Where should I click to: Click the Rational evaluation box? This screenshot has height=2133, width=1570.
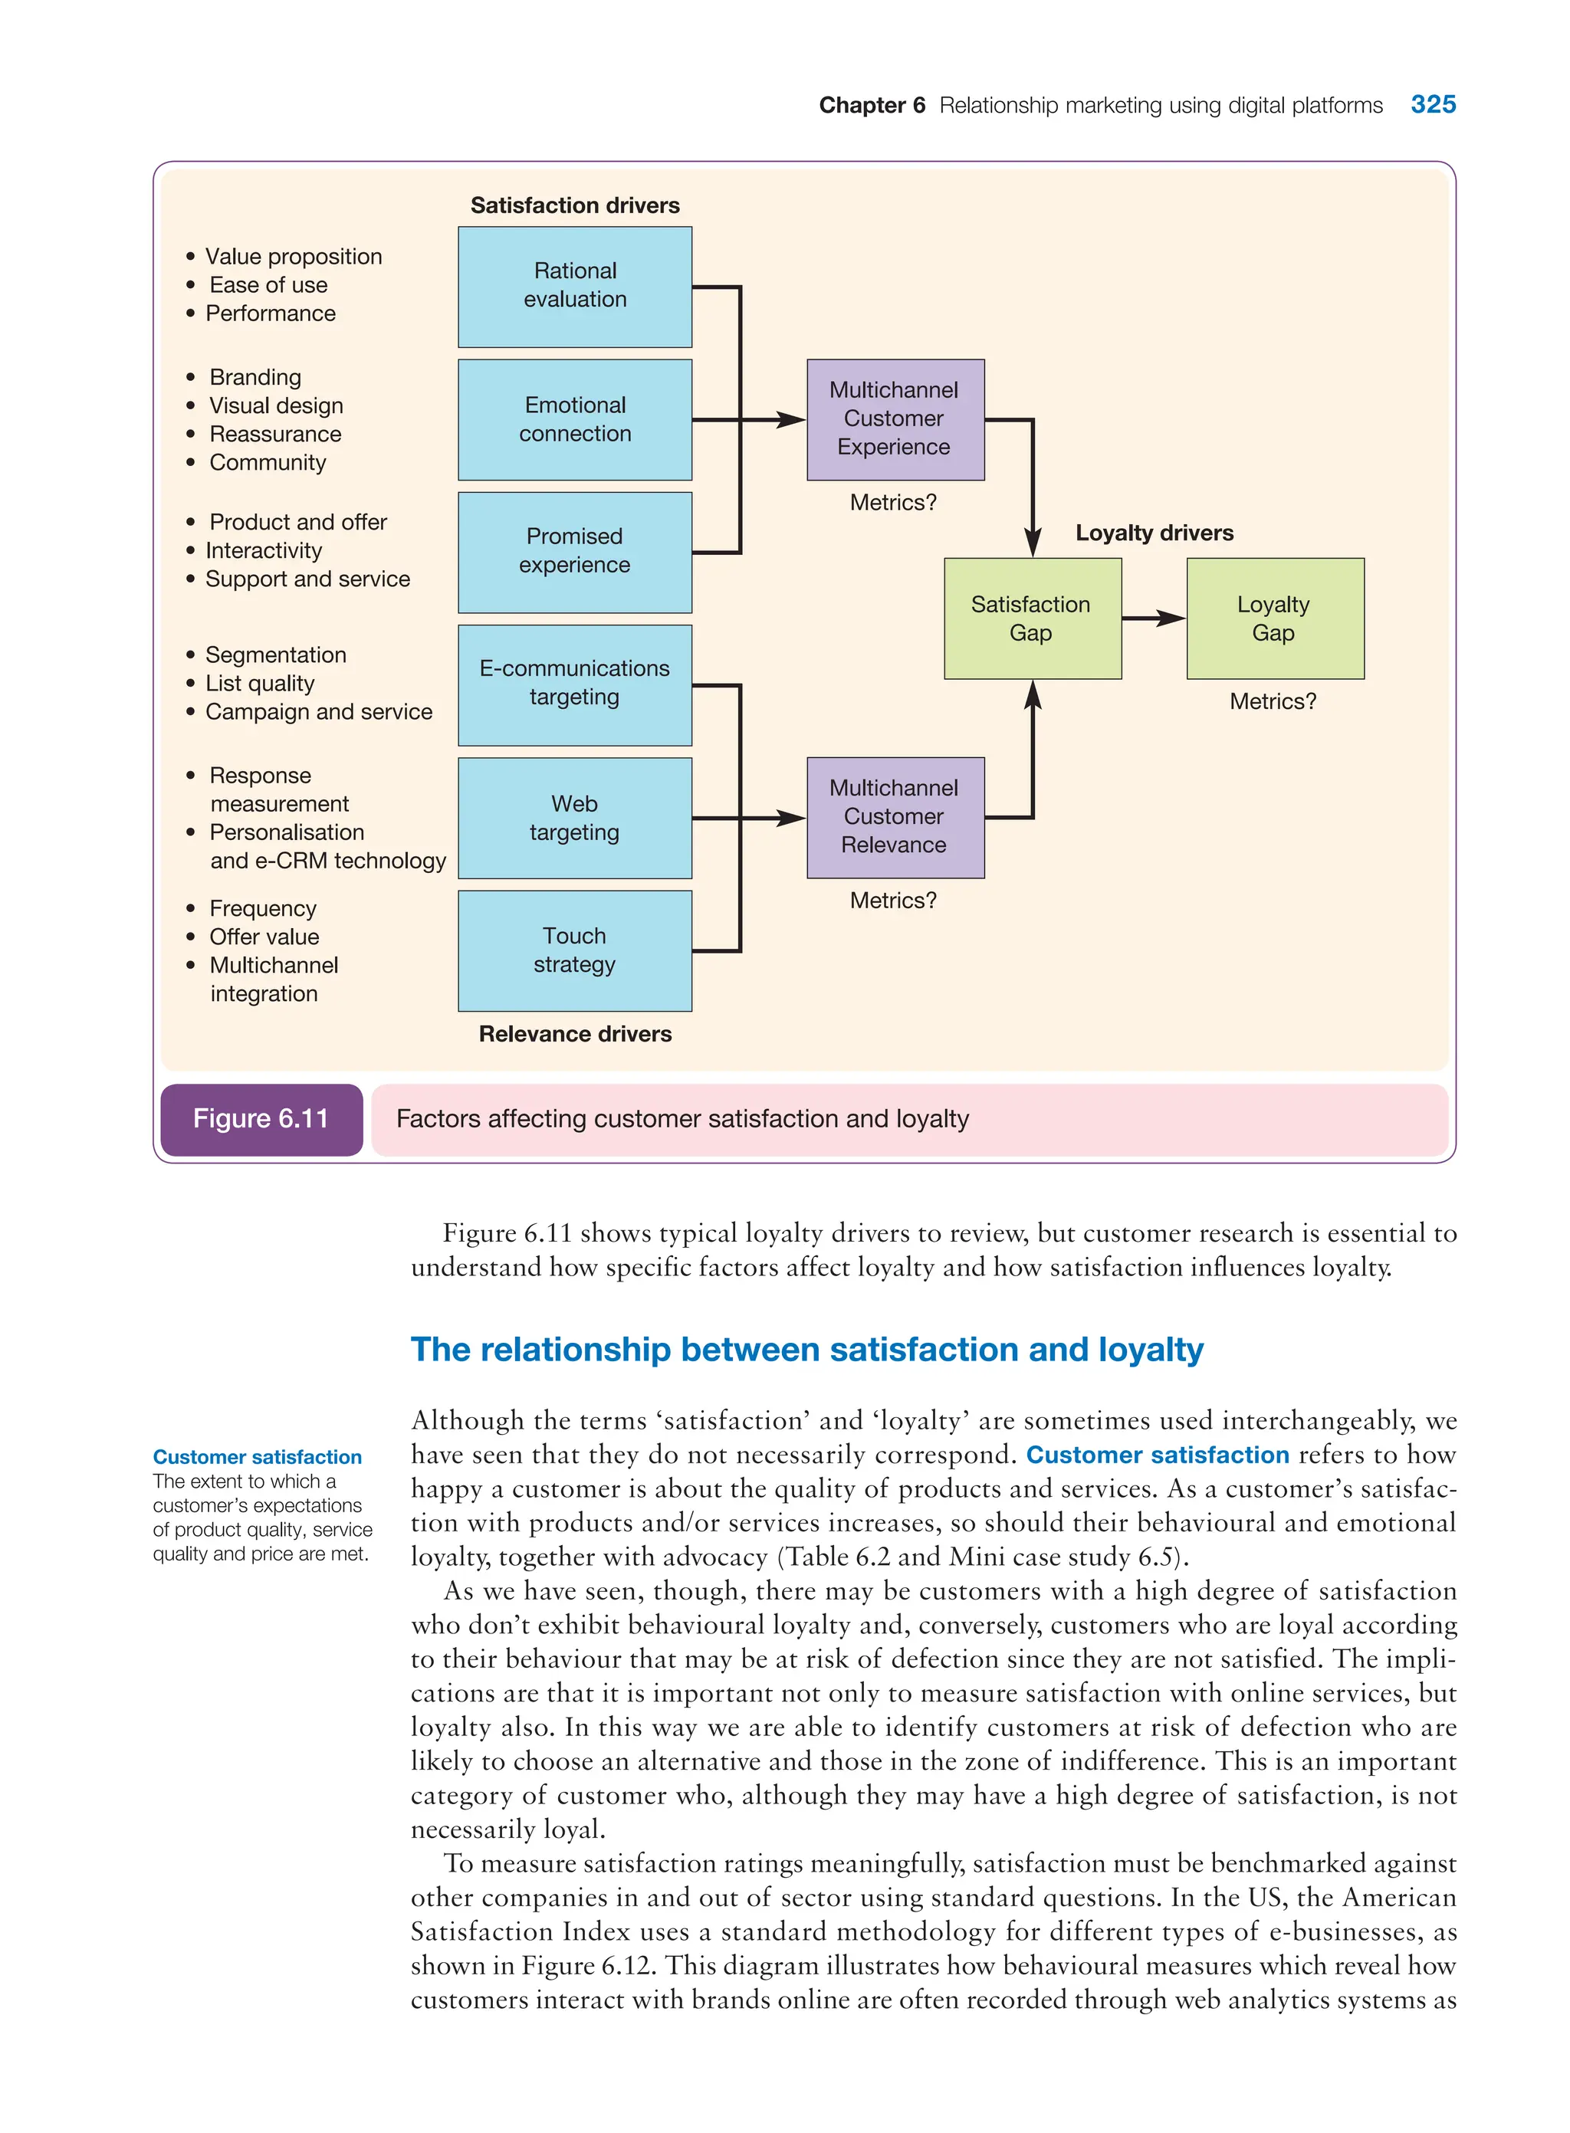point(574,286)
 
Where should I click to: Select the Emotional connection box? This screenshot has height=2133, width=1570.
point(574,419)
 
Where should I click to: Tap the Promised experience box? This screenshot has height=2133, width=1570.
point(574,551)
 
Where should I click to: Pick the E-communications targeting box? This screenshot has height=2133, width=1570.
point(574,684)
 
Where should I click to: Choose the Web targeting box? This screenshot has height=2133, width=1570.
point(574,817)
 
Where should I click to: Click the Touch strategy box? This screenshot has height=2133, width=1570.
point(574,950)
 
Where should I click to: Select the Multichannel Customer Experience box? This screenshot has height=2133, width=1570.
point(895,419)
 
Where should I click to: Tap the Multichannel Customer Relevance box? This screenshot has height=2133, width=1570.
point(895,817)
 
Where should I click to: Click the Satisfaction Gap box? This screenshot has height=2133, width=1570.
point(1032,619)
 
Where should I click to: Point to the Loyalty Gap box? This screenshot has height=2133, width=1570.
point(1274,619)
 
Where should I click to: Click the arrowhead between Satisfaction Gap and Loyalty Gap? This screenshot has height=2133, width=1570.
point(1172,619)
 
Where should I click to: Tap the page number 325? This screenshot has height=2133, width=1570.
point(1432,104)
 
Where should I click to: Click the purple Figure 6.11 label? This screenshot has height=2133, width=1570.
point(261,1118)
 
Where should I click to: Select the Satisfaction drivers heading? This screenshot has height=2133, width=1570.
point(575,205)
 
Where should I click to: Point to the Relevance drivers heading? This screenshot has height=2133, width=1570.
point(575,1034)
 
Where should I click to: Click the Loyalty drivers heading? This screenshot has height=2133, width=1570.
point(1154,533)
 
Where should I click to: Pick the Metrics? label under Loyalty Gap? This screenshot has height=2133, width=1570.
point(1273,701)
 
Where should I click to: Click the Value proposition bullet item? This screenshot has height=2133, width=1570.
point(293,257)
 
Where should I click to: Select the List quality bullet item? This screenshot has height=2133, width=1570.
point(259,683)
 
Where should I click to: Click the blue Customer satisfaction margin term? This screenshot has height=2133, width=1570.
point(258,1456)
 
